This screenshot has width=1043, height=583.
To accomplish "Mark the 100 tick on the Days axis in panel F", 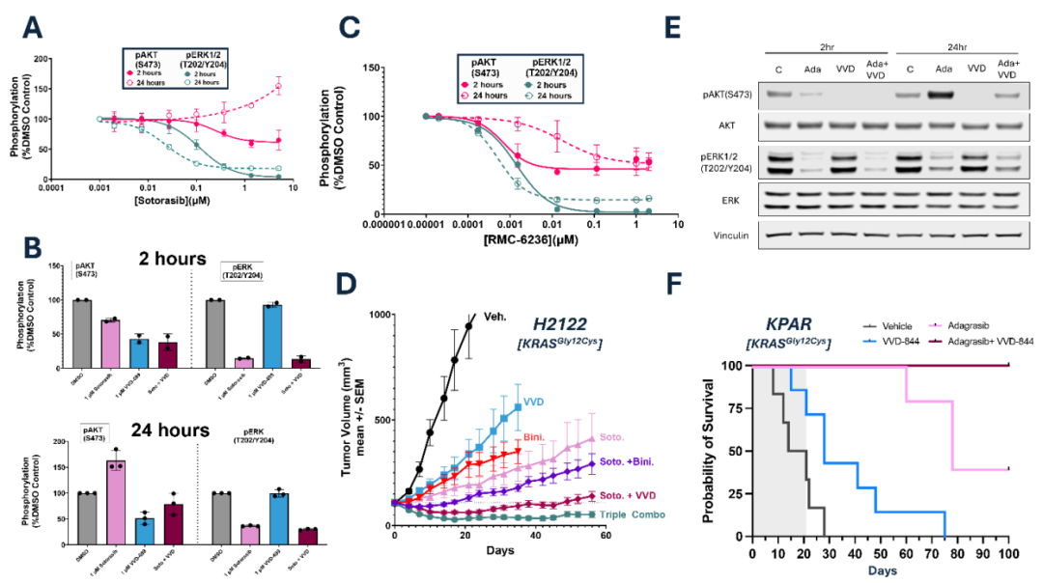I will click(1007, 553).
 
